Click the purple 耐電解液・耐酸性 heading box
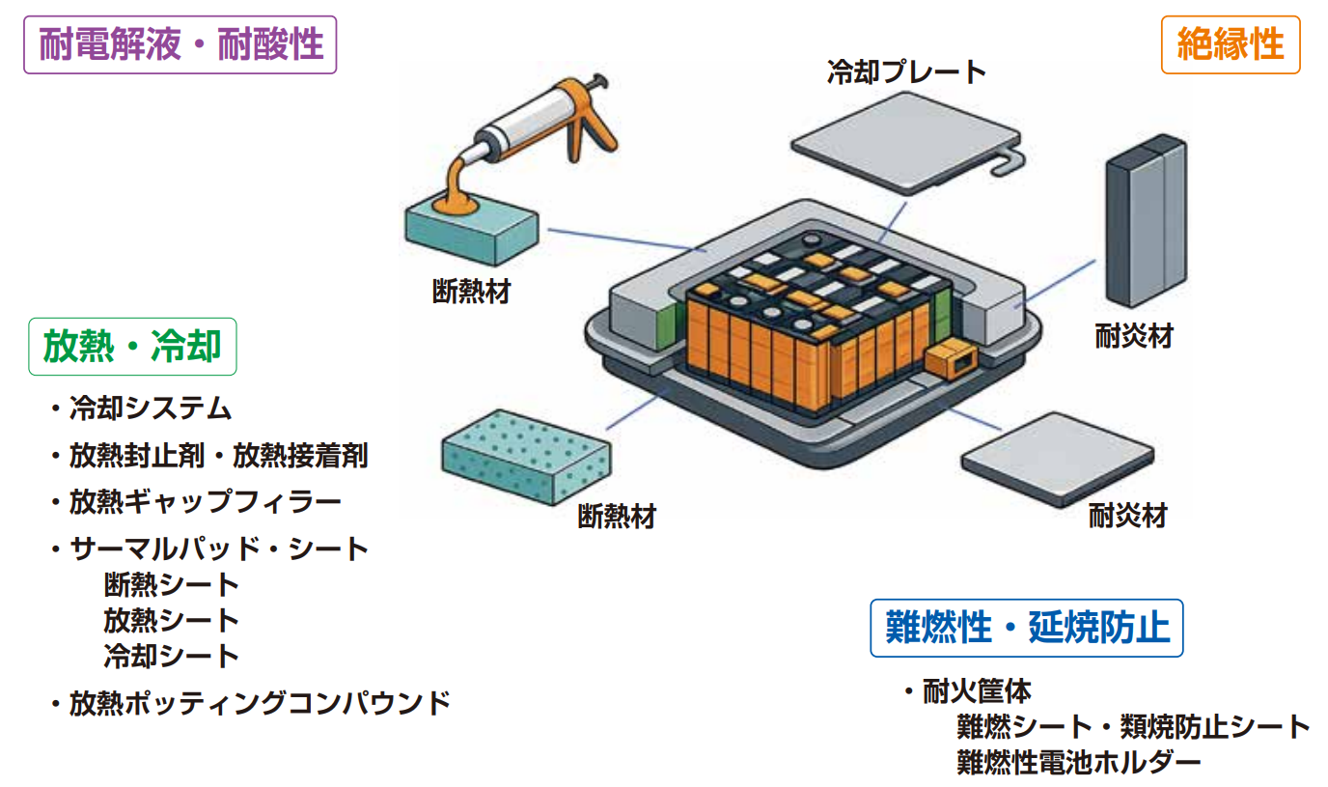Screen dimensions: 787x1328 (180, 45)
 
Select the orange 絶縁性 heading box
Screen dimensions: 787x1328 (1230, 45)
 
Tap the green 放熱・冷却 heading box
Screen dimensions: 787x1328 (132, 347)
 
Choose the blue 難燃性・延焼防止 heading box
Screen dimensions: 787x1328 (1026, 629)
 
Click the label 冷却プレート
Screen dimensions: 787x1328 (906, 72)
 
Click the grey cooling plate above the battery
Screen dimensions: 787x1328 (907, 145)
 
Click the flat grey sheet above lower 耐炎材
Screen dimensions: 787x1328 (1058, 458)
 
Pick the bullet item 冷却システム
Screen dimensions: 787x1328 (150, 408)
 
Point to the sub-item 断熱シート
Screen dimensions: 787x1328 (171, 584)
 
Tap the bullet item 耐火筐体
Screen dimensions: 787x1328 (977, 691)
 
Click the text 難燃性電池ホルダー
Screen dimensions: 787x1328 (1078, 762)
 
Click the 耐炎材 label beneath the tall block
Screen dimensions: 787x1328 (1134, 336)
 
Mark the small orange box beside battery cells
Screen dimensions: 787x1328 (951, 359)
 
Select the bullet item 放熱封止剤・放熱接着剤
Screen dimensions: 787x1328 (218, 456)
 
